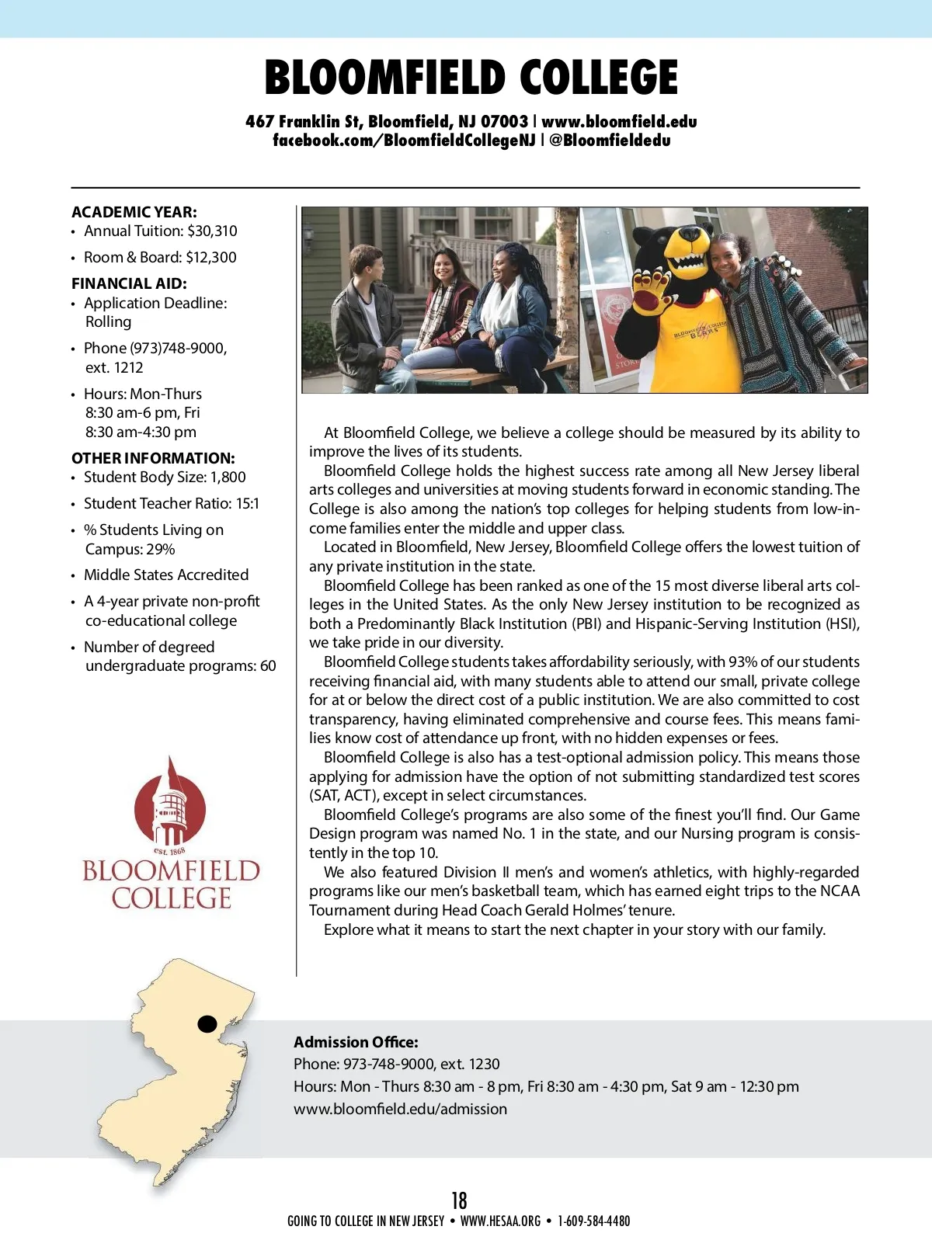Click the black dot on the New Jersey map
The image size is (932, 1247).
click(x=207, y=1023)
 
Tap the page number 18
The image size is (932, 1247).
click(x=459, y=1200)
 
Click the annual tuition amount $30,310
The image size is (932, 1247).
click(x=212, y=231)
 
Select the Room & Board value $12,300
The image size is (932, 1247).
click(x=210, y=257)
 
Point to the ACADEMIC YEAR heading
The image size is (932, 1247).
click(x=134, y=212)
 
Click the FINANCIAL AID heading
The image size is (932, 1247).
click(x=129, y=283)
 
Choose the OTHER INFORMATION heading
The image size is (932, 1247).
click(x=153, y=458)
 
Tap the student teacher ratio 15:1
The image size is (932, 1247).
click(x=248, y=503)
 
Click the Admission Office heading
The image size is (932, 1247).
click(x=356, y=1042)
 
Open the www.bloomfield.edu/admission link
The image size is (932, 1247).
click(x=400, y=1109)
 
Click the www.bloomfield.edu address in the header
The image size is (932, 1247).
click(x=619, y=121)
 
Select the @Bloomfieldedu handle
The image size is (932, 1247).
click(x=610, y=141)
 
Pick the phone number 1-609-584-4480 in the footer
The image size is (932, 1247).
click(x=593, y=1221)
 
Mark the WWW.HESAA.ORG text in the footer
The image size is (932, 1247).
click(x=500, y=1221)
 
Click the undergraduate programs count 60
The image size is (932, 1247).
click(x=268, y=665)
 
